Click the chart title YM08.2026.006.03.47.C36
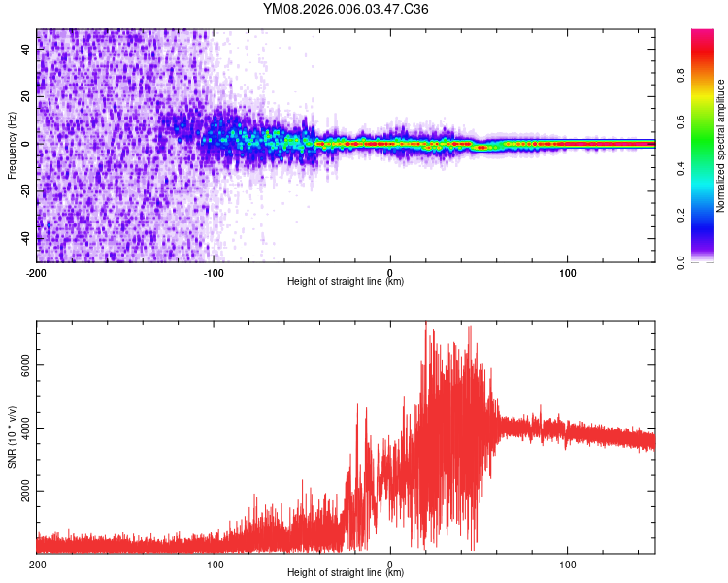click(346, 10)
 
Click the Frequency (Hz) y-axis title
click(12, 145)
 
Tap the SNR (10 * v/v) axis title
click(12, 436)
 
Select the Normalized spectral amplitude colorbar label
click(720, 146)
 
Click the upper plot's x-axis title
click(346, 281)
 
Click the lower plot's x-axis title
click(346, 572)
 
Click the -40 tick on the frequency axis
click(25, 238)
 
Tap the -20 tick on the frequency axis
click(25, 191)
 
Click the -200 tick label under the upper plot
click(37, 272)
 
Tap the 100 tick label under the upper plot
click(567, 272)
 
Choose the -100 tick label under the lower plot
click(214, 564)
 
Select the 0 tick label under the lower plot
click(390, 564)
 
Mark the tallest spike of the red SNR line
click(425, 323)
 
